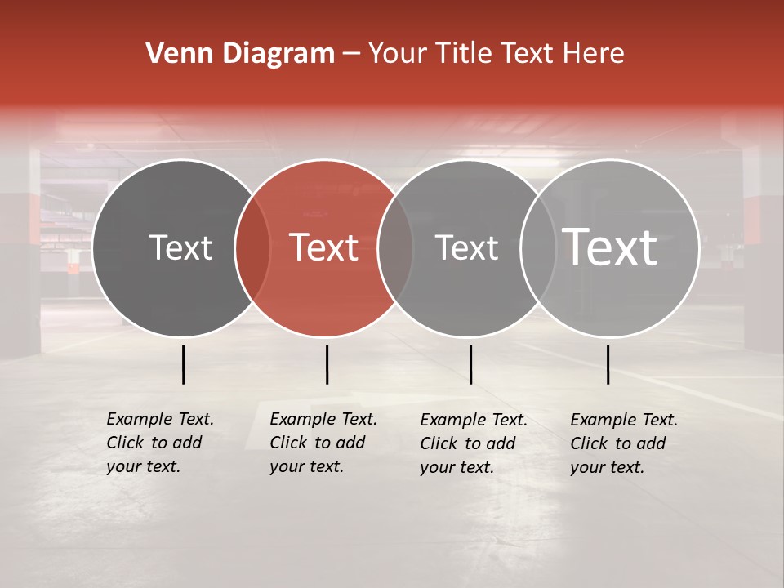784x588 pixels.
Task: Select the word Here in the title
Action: [x=594, y=54]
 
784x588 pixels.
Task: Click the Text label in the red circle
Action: [x=324, y=247]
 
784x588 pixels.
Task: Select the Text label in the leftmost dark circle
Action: [x=180, y=247]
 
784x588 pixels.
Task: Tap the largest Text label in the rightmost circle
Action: [x=610, y=247]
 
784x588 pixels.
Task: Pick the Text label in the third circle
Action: [x=466, y=247]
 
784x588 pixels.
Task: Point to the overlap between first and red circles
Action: [x=252, y=248]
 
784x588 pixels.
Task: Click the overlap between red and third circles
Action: [x=395, y=248]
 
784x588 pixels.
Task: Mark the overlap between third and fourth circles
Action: [x=537, y=248]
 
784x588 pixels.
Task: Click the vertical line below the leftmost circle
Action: [x=184, y=364]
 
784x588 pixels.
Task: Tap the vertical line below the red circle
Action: [x=327, y=364]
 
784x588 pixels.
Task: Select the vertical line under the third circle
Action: [x=471, y=364]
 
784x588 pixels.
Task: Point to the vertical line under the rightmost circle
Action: [x=608, y=364]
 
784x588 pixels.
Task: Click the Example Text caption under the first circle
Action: [x=159, y=443]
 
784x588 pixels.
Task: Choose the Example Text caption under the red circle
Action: [x=323, y=443]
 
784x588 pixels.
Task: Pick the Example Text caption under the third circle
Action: [x=473, y=443]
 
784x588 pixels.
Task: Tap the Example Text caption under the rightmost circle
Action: [x=623, y=443]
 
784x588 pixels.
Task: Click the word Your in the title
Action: [x=399, y=54]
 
